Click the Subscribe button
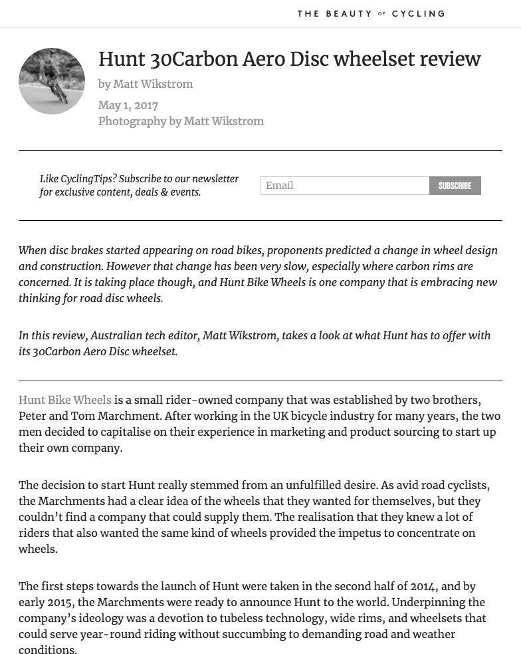455,186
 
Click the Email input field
344,186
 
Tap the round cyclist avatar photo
52,81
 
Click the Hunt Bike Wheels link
64,401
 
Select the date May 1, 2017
128,105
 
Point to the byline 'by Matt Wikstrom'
146,84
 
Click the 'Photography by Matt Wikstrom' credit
181,121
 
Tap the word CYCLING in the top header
418,13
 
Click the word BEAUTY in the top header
348,13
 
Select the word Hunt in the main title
122,59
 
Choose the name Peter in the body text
33,416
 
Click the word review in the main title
449,59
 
